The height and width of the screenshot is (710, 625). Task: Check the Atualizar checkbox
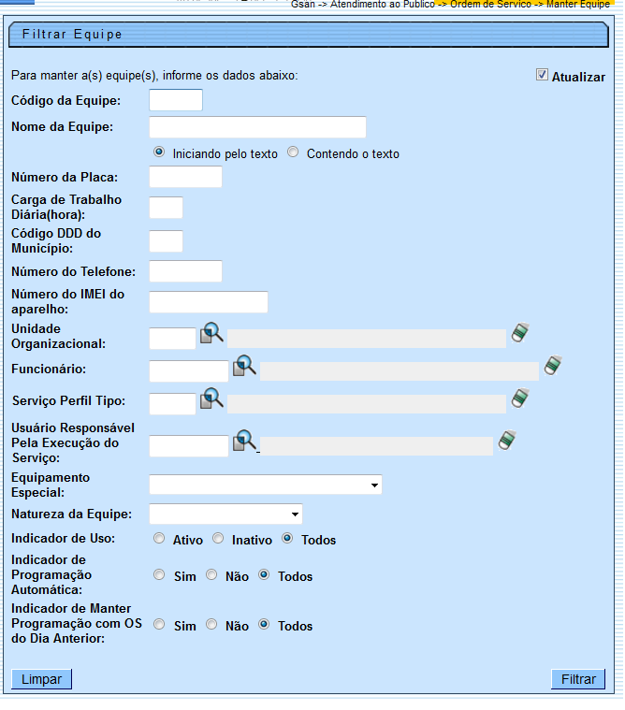[x=542, y=75]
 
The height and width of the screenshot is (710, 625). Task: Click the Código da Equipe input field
[x=176, y=100]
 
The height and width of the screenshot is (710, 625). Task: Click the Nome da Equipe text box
[x=257, y=127]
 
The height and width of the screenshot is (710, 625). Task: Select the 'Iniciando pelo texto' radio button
[x=159, y=152]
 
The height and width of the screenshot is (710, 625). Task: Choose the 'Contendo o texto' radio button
[x=293, y=152]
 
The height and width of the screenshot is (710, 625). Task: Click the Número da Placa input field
[x=185, y=177]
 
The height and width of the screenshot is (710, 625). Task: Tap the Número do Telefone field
[x=185, y=271]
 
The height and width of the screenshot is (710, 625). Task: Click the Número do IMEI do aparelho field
[x=209, y=302]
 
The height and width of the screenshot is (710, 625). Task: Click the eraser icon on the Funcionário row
[x=553, y=366]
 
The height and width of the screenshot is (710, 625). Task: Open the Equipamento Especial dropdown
[x=266, y=485]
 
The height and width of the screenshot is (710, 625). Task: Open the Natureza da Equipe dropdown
[x=225, y=514]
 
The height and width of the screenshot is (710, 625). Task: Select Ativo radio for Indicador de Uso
[x=159, y=539]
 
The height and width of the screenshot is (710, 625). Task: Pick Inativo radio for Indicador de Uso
[x=218, y=539]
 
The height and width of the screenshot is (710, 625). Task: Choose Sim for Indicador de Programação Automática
[x=159, y=575]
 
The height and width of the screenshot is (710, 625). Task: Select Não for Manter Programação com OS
[x=211, y=625]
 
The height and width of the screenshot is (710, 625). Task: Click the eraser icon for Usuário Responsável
[x=507, y=441]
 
